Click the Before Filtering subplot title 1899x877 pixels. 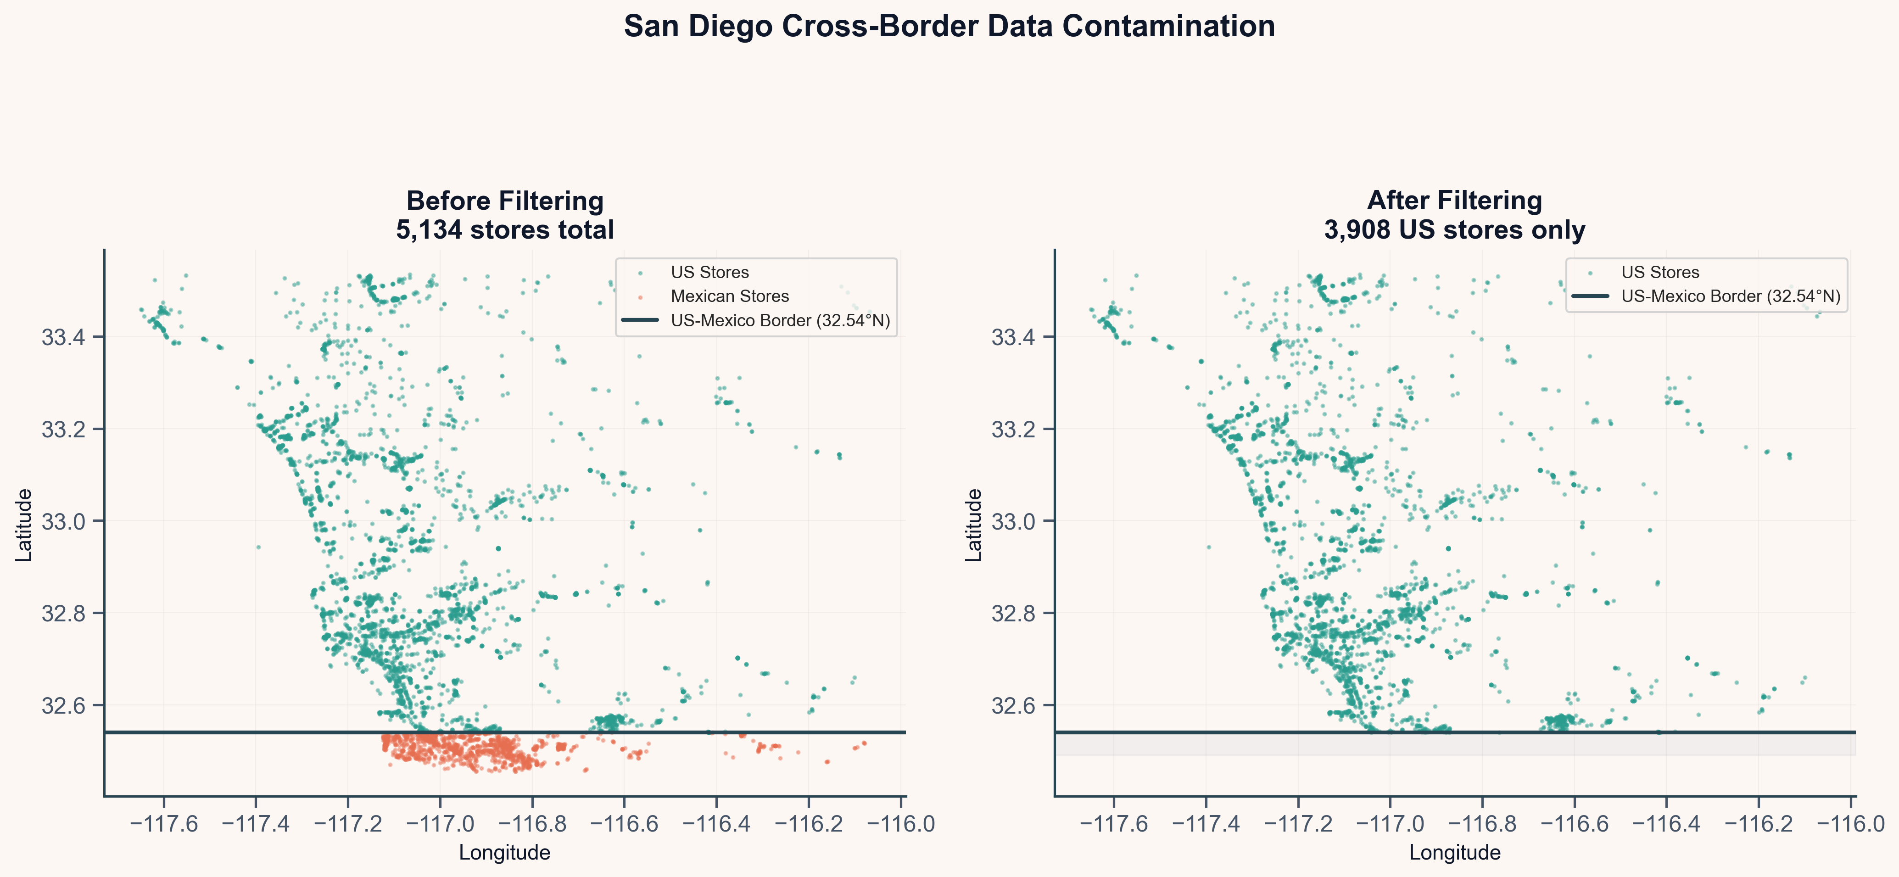click(x=504, y=201)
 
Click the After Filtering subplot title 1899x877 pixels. click(x=1454, y=201)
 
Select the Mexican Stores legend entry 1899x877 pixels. click(x=729, y=296)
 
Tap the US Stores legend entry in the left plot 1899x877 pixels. click(x=709, y=273)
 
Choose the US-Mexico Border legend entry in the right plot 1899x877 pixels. click(x=1730, y=296)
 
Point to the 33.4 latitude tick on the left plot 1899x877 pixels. click(x=63, y=337)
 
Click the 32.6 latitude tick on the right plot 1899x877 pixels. click(x=1013, y=705)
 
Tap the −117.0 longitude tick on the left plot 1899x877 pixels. click(x=440, y=823)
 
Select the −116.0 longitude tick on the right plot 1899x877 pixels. click(x=1850, y=823)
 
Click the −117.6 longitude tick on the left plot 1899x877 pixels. click(x=164, y=823)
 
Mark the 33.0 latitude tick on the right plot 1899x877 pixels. click(x=1013, y=521)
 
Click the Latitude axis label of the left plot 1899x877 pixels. click(x=24, y=525)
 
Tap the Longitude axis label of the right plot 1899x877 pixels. click(x=1454, y=853)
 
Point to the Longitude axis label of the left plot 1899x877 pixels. click(x=504, y=853)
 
